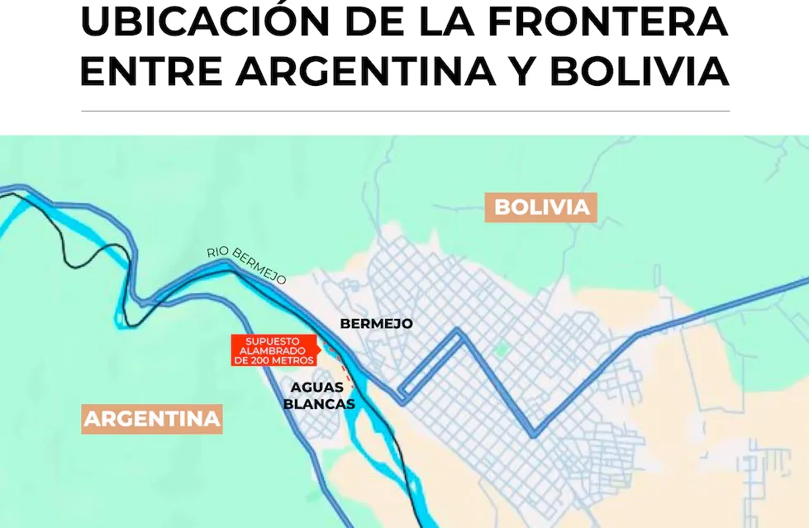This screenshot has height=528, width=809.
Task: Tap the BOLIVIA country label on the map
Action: [x=541, y=207]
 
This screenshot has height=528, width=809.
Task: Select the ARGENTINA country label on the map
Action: [x=153, y=419]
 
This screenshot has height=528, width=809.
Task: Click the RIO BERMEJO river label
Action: [x=247, y=265]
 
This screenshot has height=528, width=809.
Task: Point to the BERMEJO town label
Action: [x=376, y=324]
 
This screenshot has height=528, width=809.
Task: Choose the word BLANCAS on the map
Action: [x=319, y=404]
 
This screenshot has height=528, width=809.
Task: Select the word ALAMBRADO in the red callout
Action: [x=274, y=350]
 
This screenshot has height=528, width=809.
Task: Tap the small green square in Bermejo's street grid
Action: [x=500, y=350]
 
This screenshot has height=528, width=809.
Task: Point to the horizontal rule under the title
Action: [x=405, y=111]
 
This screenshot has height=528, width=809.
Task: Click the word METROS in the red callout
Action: [x=295, y=360]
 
